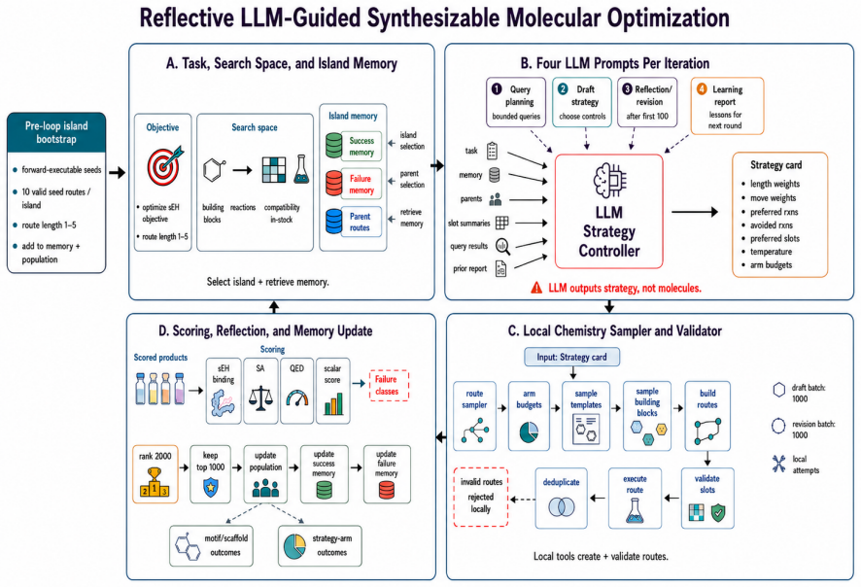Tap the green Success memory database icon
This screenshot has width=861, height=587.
tap(334, 146)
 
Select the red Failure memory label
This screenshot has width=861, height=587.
tap(361, 184)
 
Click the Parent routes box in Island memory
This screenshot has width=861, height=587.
tap(361, 222)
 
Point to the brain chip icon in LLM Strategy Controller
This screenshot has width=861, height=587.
tap(609, 180)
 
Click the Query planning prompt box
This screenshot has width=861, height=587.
tap(516, 103)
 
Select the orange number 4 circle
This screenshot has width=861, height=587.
tap(702, 89)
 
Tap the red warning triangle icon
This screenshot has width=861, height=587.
tap(536, 288)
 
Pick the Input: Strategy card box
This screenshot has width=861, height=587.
tap(571, 357)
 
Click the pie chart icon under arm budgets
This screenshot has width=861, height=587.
tap(529, 432)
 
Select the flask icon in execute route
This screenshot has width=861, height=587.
tap(635, 510)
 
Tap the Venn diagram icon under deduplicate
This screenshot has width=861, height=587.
tap(561, 506)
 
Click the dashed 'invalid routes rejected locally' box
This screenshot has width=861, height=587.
tap(480, 497)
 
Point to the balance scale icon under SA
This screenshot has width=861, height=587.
tap(260, 398)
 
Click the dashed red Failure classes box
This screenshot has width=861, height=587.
tap(389, 386)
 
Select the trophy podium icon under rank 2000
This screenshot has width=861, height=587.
tap(155, 482)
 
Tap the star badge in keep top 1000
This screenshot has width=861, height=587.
tap(210, 487)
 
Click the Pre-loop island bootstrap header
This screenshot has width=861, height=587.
tap(56, 132)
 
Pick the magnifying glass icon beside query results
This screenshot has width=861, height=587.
tap(502, 247)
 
